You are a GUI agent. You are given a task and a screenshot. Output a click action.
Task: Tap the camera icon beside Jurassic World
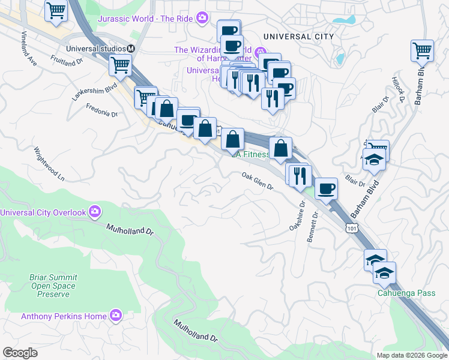pos(202,19)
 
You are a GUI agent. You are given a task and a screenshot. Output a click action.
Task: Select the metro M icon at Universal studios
pos(131,48)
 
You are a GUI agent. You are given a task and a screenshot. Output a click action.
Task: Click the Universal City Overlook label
pos(43,212)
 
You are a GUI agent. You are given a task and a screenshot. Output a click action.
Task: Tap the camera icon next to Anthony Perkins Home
pos(116,316)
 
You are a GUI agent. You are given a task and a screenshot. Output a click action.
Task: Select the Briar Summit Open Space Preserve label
pos(36,286)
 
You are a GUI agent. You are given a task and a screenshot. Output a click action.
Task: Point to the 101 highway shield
pos(352,227)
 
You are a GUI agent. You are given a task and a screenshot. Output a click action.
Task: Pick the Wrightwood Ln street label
pos(49,164)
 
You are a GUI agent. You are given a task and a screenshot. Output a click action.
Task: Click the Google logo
pos(20,352)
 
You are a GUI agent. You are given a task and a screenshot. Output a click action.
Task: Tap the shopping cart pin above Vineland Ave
pos(55,10)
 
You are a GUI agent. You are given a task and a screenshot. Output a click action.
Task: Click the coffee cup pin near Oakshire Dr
pos(326,189)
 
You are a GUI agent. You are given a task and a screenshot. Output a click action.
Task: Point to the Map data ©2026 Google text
pos(411,355)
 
